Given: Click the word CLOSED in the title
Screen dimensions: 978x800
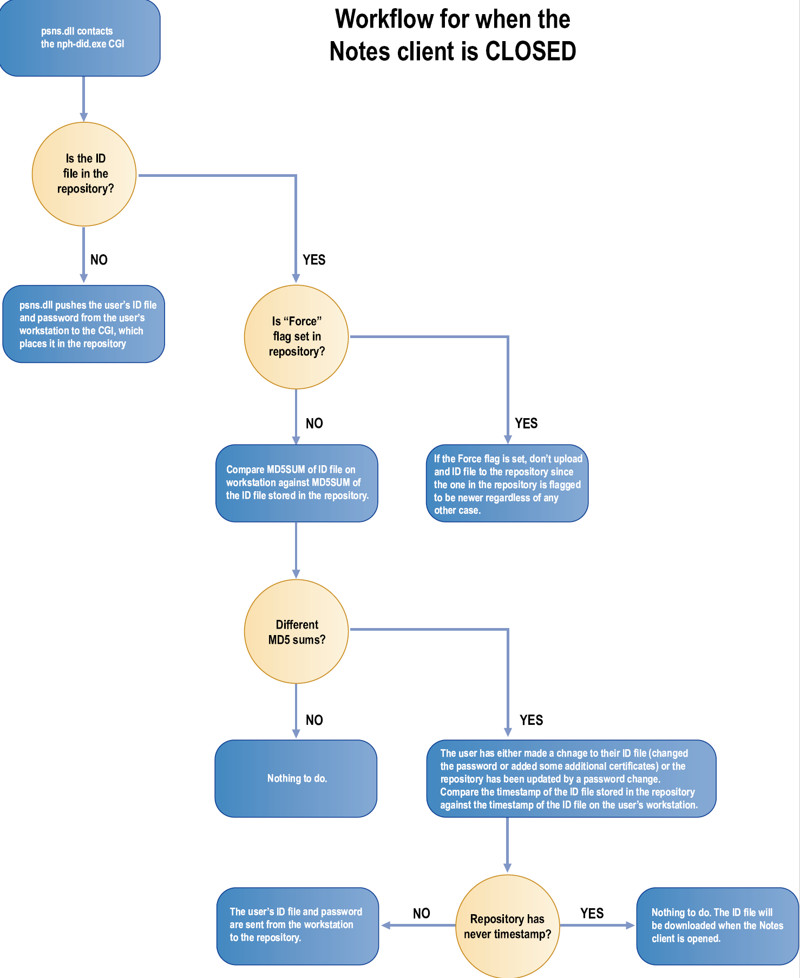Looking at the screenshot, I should [530, 52].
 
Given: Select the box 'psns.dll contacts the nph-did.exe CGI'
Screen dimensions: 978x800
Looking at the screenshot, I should [80, 38].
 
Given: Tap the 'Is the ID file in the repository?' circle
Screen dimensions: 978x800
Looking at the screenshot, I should [84, 174].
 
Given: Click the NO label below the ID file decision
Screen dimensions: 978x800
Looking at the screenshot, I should [99, 260].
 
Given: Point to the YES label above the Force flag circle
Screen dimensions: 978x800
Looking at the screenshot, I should [314, 260].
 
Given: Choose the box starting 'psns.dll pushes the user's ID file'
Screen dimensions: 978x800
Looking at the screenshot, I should [84, 324].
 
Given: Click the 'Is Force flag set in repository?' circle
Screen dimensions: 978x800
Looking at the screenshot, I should [296, 336].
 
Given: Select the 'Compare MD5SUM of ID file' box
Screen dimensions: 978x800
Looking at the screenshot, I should [297, 483].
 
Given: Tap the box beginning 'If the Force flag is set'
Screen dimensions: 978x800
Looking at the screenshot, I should [507, 484].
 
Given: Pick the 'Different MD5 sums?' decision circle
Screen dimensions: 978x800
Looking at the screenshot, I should [296, 632].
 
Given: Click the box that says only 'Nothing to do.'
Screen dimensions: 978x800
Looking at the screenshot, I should [296, 778].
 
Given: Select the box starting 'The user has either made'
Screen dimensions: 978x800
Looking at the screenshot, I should [571, 778].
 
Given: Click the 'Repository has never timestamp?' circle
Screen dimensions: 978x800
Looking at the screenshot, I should [507, 926].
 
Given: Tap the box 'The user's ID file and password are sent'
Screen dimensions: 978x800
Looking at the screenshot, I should [298, 925].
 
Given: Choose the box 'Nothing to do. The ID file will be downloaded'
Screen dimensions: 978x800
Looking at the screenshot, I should [717, 926].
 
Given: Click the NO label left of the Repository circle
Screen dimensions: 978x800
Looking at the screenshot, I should [421, 914].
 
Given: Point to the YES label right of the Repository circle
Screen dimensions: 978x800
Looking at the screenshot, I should [592, 914].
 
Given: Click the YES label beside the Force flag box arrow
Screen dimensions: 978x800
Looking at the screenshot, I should [526, 423].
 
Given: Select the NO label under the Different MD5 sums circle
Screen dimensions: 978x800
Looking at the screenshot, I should [314, 720].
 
